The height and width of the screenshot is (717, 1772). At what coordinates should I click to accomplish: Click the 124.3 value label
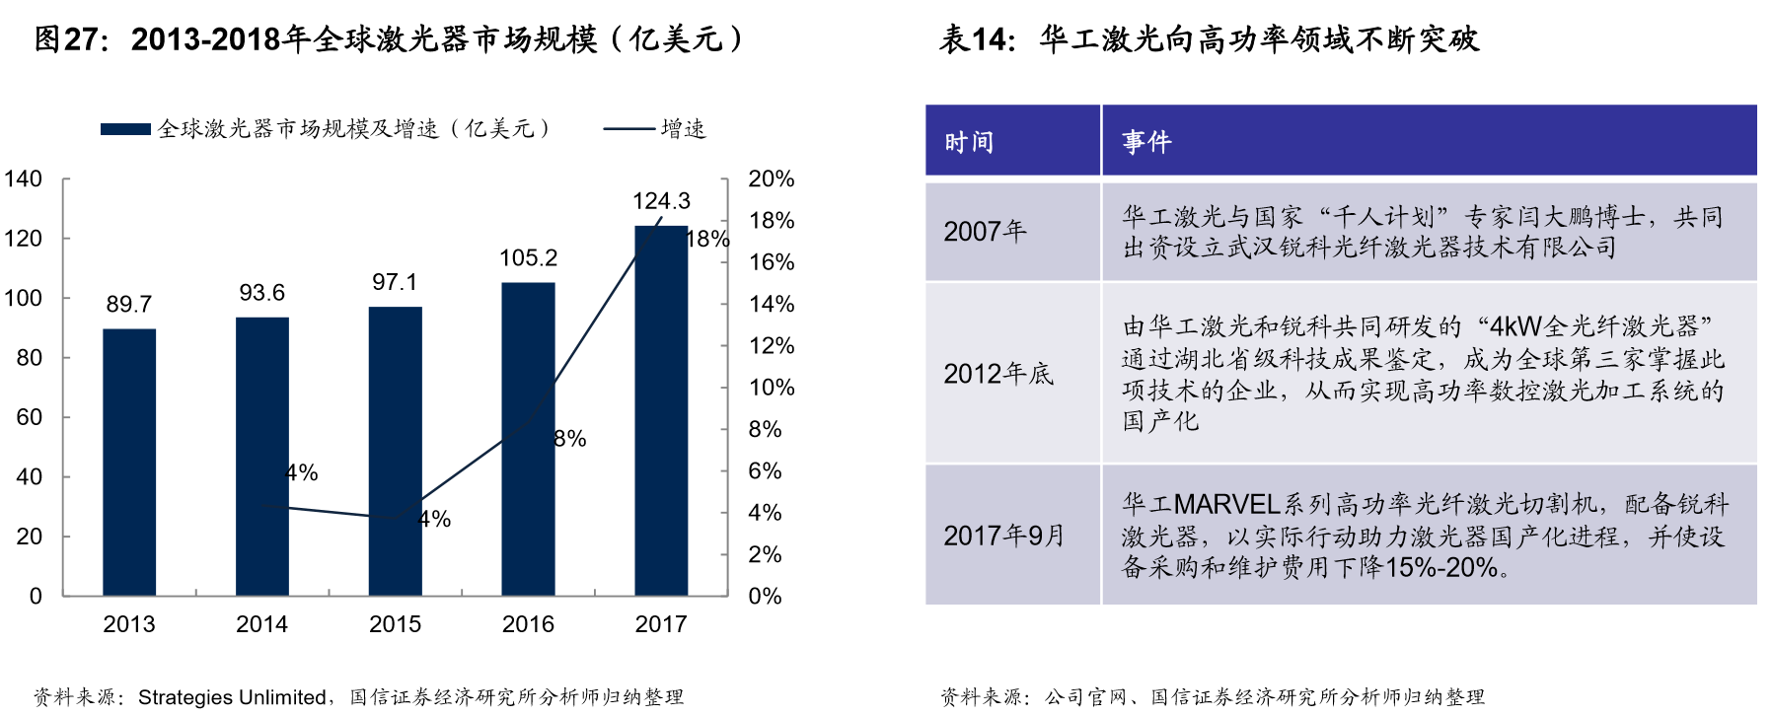coord(661,201)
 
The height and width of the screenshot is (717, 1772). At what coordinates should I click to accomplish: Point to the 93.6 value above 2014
coord(261,293)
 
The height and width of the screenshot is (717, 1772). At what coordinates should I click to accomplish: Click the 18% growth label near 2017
coord(707,239)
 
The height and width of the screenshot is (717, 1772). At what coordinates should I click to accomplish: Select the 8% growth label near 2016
coord(570,439)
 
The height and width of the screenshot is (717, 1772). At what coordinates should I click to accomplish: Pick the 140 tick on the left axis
coord(23,179)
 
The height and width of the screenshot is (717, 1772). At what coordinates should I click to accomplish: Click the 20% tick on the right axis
coord(771,179)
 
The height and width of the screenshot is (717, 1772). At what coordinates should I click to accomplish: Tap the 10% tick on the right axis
coord(771,388)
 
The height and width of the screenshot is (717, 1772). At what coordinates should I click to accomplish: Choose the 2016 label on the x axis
coord(528,624)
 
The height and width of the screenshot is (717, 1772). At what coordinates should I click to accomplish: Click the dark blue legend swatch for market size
coord(125,129)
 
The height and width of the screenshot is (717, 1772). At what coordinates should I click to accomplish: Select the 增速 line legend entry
coord(655,129)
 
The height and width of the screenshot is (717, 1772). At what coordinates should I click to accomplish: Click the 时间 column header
coord(969,142)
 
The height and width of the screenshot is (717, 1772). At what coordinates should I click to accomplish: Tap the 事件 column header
coord(1146,142)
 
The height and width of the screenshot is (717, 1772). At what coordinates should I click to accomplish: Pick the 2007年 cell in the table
coord(985,232)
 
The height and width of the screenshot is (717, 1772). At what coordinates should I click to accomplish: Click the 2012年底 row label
coord(998,374)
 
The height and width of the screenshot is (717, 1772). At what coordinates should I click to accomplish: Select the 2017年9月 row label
coord(1004,536)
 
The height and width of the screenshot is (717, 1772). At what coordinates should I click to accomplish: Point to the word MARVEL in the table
coord(1226,505)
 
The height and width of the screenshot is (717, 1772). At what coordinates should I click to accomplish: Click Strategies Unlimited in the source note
coord(232,697)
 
